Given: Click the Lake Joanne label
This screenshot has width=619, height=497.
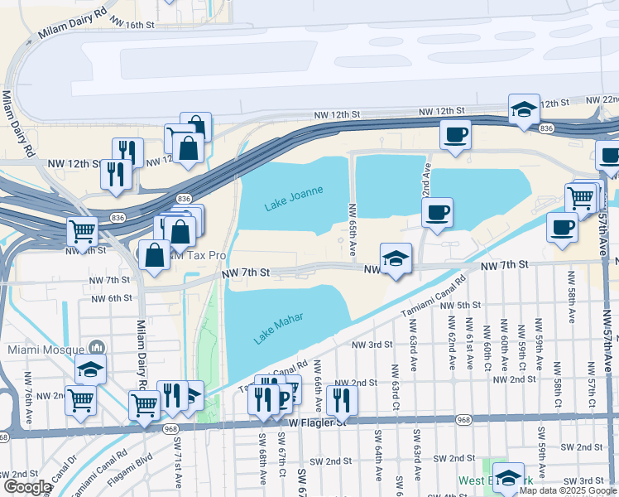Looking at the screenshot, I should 293,198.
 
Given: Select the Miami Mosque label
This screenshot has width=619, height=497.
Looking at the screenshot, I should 46,349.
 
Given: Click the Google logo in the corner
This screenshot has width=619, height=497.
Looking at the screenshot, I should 26,487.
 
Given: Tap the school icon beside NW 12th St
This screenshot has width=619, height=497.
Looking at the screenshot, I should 524,109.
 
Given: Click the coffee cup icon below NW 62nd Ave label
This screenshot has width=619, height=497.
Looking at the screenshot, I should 437,212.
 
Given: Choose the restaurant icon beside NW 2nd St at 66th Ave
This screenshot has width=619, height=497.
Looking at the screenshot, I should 342,399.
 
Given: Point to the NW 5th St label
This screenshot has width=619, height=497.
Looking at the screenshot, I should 462,306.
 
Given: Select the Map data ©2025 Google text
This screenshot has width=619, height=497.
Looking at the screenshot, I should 568,490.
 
